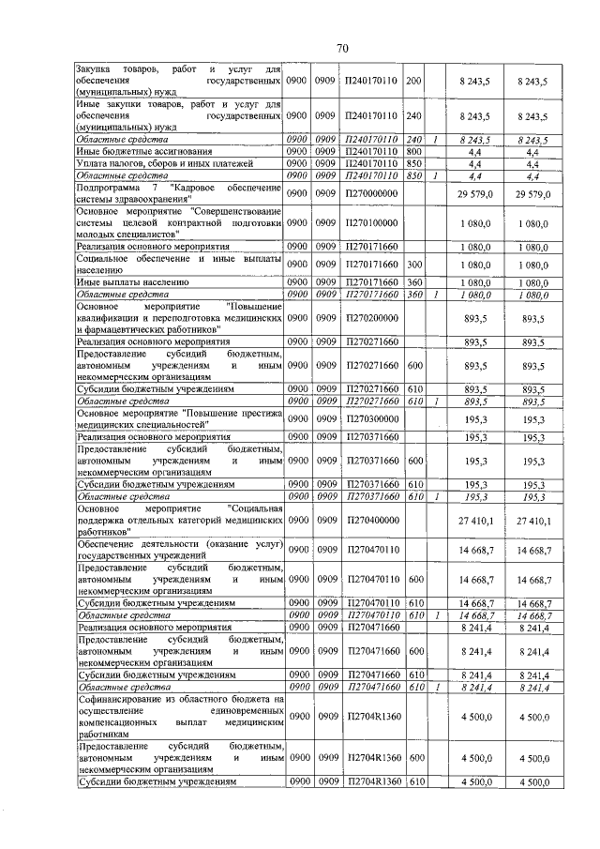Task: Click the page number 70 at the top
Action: (342, 48)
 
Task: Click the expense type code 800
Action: (414, 150)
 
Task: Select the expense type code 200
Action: (414, 82)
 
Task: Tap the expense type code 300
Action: (414, 265)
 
